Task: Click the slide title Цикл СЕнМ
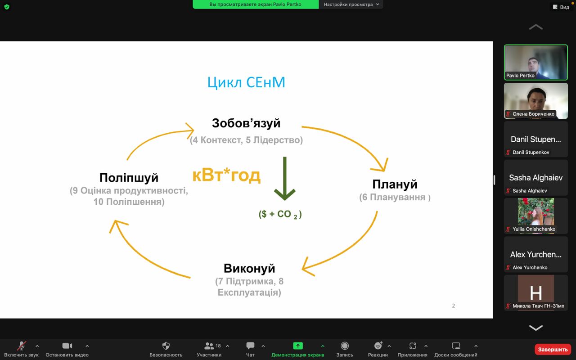(246, 82)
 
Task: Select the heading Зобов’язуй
(246, 123)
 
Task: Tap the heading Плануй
(395, 184)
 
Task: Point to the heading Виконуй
(249, 268)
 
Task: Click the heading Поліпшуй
(129, 178)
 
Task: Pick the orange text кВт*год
(226, 175)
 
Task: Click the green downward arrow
(285, 179)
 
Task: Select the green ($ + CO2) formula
(280, 214)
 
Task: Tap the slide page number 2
(453, 306)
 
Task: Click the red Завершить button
(553, 350)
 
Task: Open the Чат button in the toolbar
(250, 346)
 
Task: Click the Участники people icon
(209, 346)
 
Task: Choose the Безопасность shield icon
(166, 346)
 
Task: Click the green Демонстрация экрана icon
(298, 346)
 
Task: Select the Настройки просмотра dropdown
(351, 4)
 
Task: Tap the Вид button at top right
(561, 7)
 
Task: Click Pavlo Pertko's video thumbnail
(536, 62)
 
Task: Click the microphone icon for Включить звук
(22, 346)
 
